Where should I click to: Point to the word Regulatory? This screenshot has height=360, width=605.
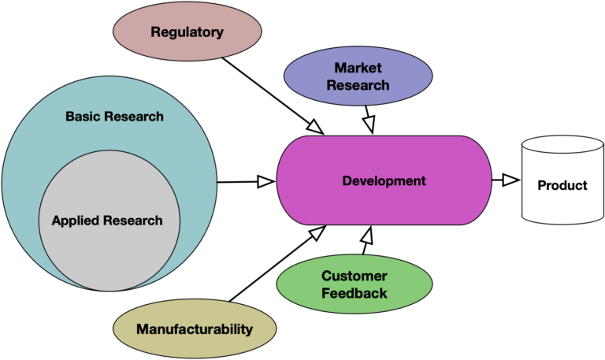[x=187, y=32]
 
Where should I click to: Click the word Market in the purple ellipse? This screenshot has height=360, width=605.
[x=358, y=68]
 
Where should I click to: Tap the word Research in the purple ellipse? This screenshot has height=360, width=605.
[x=358, y=84]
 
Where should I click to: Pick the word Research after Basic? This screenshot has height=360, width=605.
[x=135, y=117]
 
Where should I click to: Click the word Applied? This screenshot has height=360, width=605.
[x=78, y=221]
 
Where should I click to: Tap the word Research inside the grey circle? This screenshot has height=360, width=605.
[x=135, y=221]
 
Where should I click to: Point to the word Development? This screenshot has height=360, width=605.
[x=384, y=181]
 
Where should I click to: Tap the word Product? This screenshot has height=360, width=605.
[x=562, y=186]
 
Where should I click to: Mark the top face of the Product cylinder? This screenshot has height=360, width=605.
[x=562, y=145]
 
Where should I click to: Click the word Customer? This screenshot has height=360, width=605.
[x=354, y=276]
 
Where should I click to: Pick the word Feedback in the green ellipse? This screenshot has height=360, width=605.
[x=354, y=293]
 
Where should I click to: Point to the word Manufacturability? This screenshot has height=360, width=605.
[x=195, y=329]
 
